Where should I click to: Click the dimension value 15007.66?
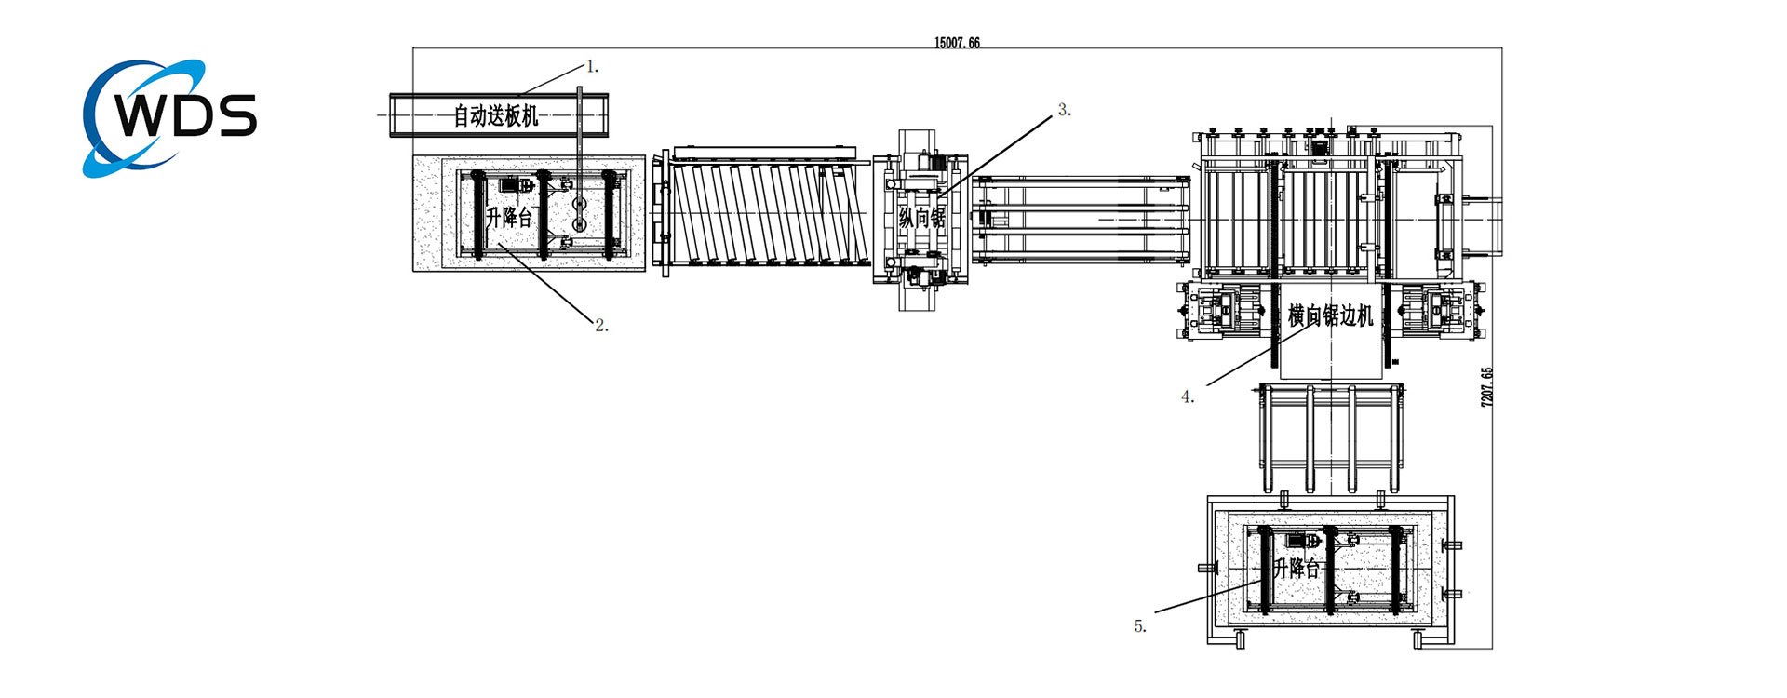click(x=957, y=43)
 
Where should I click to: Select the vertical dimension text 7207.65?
click(x=1486, y=386)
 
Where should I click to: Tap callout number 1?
click(x=591, y=67)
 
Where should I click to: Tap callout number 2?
click(x=600, y=326)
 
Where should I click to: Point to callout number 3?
click(x=1064, y=110)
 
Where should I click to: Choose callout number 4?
click(x=1187, y=397)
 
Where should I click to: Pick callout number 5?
click(x=1139, y=627)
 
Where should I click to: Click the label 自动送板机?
click(x=495, y=116)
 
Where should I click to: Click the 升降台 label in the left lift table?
click(x=508, y=218)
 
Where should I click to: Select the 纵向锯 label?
click(x=921, y=218)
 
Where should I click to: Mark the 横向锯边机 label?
click(x=1330, y=316)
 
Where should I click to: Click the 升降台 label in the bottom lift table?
click(x=1297, y=568)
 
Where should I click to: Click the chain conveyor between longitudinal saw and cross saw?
click(x=1080, y=219)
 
